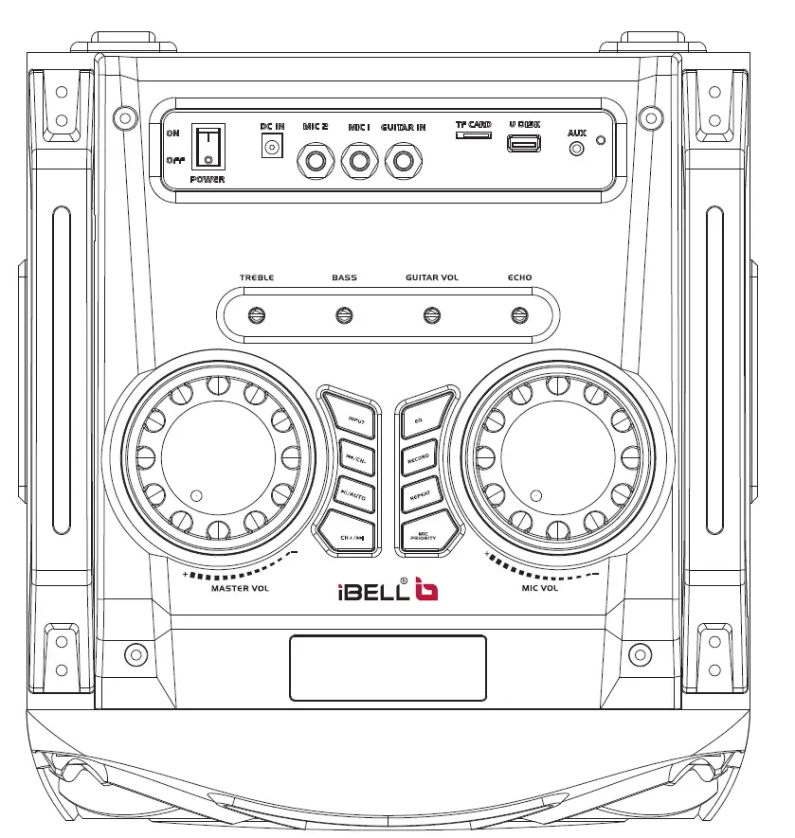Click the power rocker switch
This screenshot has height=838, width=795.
(208, 147)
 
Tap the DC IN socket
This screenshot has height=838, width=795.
(273, 147)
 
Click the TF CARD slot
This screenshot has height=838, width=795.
(473, 135)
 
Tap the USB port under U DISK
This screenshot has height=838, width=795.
(523, 144)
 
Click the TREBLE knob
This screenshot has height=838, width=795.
(256, 315)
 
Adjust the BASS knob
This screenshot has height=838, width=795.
(344, 315)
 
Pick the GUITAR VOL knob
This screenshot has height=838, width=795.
(431, 315)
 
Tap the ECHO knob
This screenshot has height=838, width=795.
(519, 315)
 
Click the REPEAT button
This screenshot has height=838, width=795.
(419, 494)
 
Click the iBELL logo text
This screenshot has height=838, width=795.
(375, 593)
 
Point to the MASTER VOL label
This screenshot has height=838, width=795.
(241, 588)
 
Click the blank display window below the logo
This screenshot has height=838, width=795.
(388, 668)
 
